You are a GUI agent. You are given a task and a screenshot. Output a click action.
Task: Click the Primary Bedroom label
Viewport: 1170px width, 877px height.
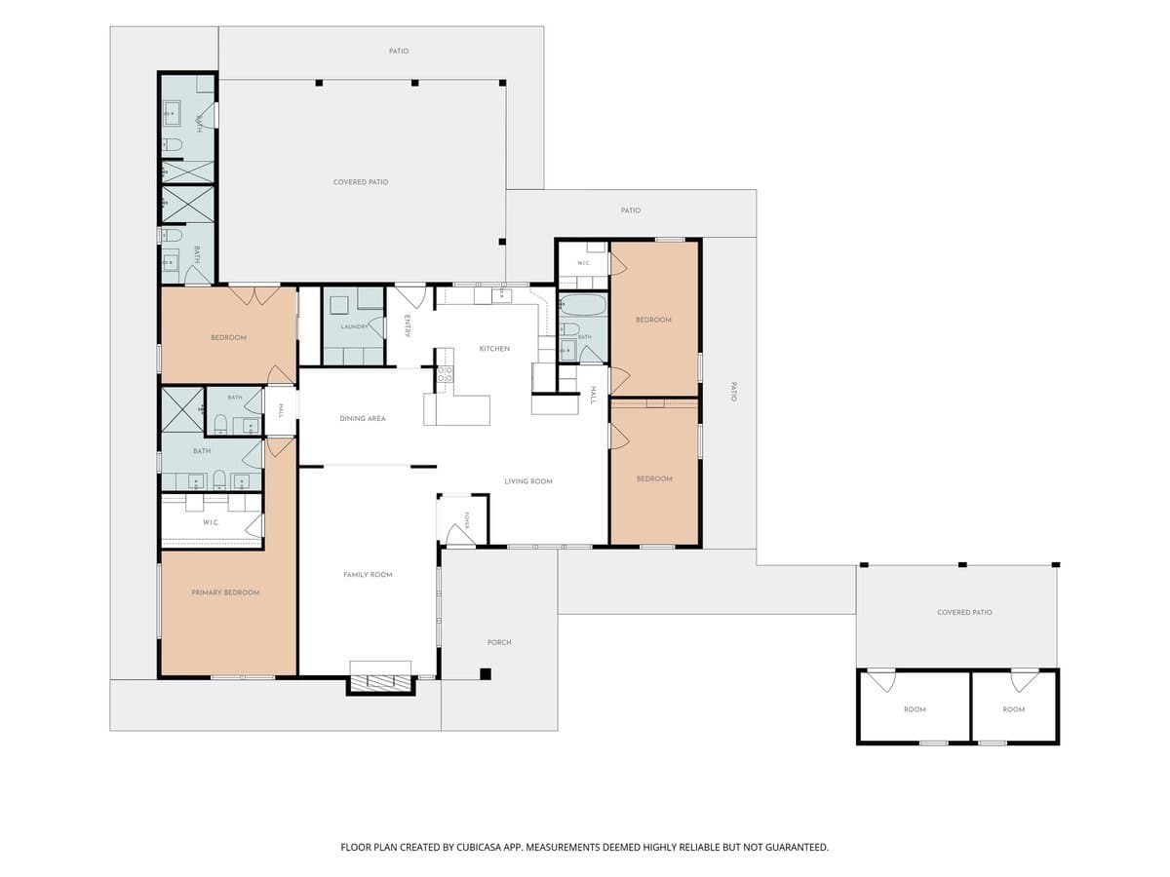click(225, 592)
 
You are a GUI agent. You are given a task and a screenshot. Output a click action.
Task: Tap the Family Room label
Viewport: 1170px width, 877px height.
click(368, 575)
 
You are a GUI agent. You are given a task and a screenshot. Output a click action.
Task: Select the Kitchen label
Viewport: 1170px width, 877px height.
click(494, 349)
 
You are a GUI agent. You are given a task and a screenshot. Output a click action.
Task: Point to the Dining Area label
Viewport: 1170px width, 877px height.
click(363, 419)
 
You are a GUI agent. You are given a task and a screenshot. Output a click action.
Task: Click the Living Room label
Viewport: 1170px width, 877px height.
click(528, 481)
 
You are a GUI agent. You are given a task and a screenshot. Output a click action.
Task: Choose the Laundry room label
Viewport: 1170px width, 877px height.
click(354, 327)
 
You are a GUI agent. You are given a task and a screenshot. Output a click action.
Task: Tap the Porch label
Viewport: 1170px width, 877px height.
click(499, 643)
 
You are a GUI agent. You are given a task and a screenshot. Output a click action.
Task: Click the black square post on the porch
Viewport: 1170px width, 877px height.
click(485, 674)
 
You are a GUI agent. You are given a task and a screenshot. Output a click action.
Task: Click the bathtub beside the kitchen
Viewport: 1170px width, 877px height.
click(584, 306)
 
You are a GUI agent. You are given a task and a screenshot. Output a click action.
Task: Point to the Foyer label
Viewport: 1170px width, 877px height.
click(467, 519)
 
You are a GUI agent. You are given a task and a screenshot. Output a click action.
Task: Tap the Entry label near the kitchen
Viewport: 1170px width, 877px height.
click(408, 325)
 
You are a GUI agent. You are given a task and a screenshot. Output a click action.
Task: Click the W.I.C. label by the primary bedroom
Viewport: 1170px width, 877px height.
click(211, 522)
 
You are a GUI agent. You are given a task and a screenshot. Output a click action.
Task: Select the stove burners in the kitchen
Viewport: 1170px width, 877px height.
click(445, 374)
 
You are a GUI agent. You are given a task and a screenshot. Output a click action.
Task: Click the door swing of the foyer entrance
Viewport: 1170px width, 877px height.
click(459, 534)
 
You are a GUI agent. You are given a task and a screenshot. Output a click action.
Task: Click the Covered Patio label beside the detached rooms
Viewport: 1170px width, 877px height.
click(964, 612)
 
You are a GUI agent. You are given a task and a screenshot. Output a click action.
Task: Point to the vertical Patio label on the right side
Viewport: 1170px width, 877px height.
click(733, 392)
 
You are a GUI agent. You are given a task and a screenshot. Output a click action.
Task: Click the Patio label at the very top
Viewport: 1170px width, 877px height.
click(399, 51)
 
